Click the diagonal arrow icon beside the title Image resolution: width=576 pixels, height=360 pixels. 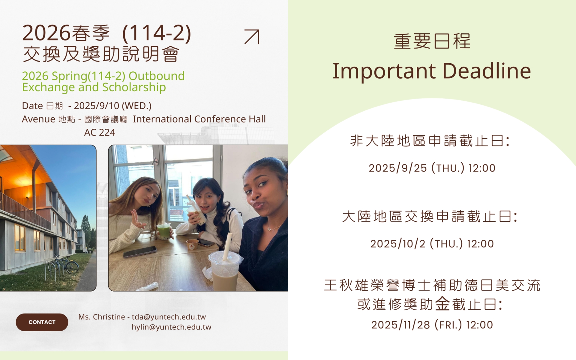point(252,37)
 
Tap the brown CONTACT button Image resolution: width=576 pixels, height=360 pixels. point(42,322)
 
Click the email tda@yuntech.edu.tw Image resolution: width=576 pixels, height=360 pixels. point(169,317)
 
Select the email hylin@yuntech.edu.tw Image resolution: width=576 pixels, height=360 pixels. point(171,327)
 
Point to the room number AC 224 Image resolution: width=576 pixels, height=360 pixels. point(100,132)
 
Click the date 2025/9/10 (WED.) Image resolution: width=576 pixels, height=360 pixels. point(112,106)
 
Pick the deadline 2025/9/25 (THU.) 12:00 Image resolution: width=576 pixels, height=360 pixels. point(432,168)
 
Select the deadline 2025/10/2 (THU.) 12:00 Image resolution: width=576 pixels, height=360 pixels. point(432,244)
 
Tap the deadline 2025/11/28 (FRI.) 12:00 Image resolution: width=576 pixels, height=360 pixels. point(432,325)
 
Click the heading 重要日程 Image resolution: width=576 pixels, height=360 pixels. point(432,41)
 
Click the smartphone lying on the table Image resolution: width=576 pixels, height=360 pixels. point(140,252)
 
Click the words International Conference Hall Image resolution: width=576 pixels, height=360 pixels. point(199,119)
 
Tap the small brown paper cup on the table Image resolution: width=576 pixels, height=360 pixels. point(192,244)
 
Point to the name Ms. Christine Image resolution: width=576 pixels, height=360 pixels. point(102,317)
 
